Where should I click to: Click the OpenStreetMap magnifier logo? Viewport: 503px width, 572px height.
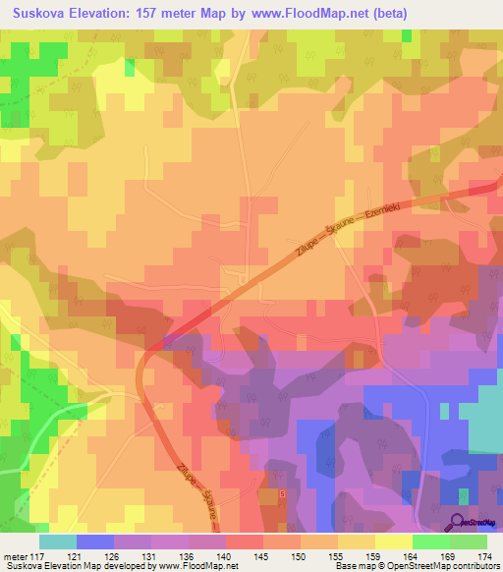[458, 521]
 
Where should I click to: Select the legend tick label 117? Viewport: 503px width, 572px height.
[37, 556]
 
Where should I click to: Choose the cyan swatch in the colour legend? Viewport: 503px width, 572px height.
[57, 541]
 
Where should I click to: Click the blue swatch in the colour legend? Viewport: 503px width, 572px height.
[94, 541]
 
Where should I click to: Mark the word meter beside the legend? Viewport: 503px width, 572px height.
[16, 556]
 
